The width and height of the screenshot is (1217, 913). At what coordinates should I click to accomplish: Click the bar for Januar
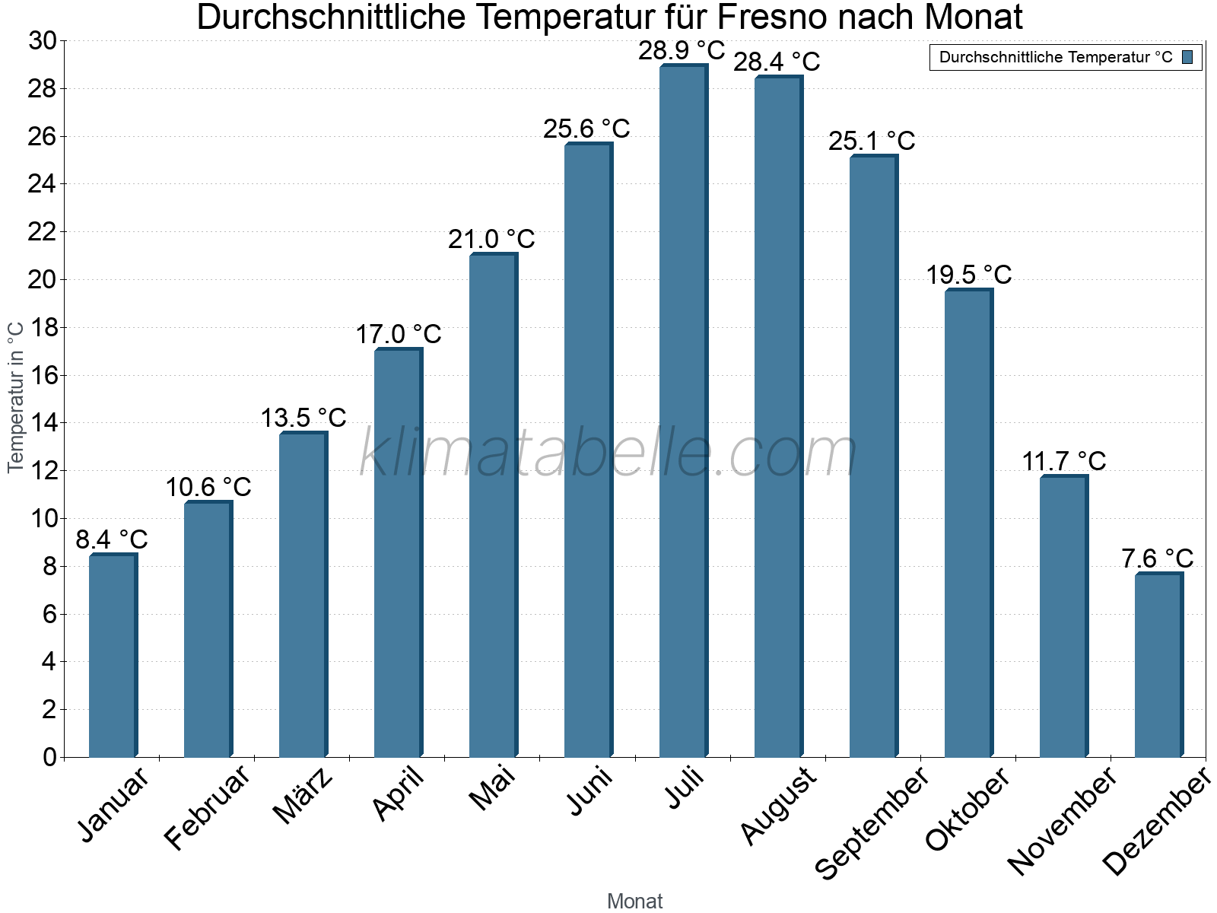tap(113, 656)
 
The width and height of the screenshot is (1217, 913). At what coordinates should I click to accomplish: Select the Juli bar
tap(683, 411)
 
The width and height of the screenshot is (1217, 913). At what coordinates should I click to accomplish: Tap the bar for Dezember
tap(1158, 665)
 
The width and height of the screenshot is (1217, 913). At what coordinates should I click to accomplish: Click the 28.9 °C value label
tap(682, 51)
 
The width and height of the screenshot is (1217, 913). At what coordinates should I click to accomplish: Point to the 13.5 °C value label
tap(303, 418)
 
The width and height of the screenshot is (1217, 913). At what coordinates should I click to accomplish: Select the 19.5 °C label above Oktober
tap(968, 275)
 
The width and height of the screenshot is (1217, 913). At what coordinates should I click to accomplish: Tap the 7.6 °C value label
tap(1157, 558)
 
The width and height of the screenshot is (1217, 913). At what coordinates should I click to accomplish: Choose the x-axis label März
tap(303, 796)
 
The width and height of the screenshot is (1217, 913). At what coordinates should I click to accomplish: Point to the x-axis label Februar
tap(207, 806)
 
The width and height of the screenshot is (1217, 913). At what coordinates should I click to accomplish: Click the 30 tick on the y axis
tap(43, 41)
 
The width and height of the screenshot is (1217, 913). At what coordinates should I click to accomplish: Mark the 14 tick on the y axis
tap(43, 423)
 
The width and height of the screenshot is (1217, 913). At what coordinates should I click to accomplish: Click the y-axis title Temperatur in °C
tap(16, 397)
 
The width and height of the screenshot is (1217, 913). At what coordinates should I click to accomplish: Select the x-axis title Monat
tap(634, 901)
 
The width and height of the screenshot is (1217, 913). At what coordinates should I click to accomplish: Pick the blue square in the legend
tap(1188, 57)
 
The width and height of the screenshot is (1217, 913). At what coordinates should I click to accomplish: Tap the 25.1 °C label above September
tap(872, 141)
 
